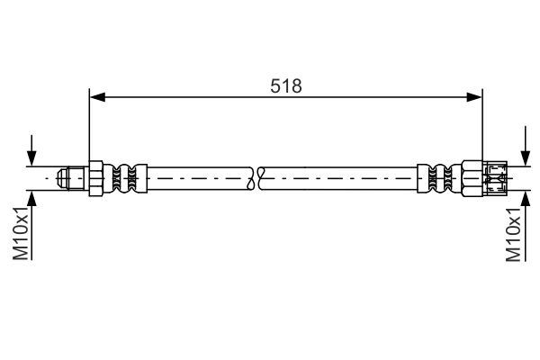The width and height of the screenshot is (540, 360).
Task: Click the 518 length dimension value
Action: pyautogui.click(x=285, y=85)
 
